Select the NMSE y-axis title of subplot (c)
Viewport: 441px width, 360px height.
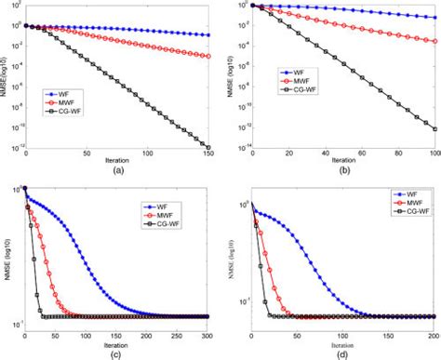point(7,252)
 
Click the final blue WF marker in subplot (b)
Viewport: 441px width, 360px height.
point(434,16)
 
